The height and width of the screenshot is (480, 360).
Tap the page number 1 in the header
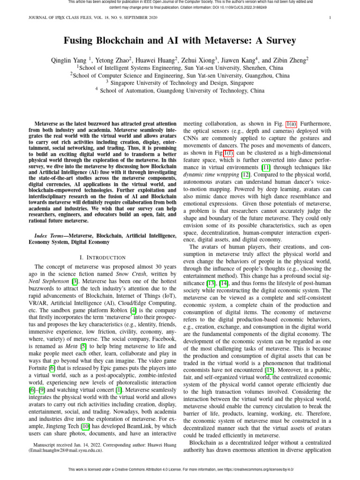[x=330, y=18]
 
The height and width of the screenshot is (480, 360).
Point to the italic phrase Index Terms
[x=50, y=235]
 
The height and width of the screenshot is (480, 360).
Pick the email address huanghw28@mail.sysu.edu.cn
[x=66, y=450]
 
